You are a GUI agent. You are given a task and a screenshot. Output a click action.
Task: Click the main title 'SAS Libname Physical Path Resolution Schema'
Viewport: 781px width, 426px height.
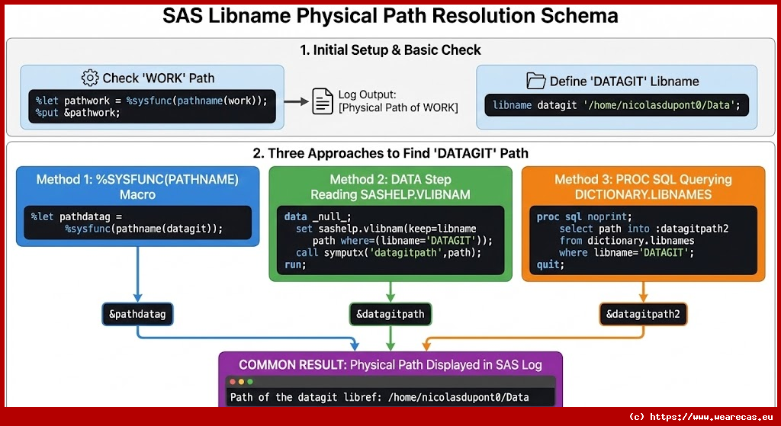pos(390,17)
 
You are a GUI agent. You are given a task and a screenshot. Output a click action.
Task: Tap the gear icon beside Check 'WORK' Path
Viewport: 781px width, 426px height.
pos(90,78)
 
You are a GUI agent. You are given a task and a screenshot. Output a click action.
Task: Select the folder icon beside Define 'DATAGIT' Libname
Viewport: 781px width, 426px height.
pos(537,81)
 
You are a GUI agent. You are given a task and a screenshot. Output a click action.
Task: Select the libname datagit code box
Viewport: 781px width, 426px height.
pos(616,104)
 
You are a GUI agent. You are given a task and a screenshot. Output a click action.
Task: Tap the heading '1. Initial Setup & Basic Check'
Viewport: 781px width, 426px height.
pos(390,50)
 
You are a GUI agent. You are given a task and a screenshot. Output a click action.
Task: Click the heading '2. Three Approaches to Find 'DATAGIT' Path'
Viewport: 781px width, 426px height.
pos(390,153)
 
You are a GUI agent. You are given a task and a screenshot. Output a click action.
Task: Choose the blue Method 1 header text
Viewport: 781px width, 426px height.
pos(137,187)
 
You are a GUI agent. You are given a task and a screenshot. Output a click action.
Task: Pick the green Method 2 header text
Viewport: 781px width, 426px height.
pos(390,187)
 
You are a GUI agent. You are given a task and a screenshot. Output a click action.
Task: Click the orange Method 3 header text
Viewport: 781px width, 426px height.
pos(643,187)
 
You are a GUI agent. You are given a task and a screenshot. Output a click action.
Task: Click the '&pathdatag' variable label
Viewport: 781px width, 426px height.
pos(138,313)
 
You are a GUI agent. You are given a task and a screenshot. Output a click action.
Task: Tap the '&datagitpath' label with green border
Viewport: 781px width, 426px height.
pos(390,313)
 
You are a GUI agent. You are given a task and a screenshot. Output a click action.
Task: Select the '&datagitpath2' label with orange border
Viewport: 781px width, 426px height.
pos(642,313)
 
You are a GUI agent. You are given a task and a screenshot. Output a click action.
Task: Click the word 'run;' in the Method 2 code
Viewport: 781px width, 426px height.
pos(295,264)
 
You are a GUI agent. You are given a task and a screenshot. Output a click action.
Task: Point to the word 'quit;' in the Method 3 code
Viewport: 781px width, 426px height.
pos(551,264)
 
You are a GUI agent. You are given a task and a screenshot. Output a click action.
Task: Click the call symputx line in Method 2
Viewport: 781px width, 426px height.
pos(389,252)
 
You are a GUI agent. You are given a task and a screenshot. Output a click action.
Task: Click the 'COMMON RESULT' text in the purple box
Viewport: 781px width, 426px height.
pos(292,365)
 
